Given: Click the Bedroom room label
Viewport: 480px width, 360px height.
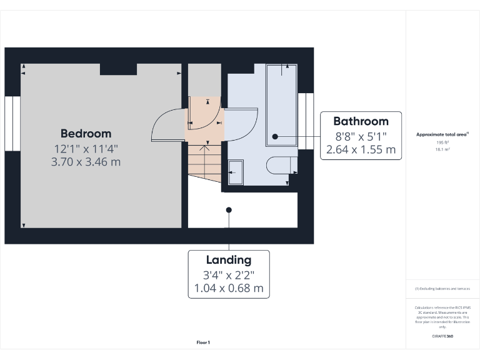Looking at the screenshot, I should (x=86, y=133).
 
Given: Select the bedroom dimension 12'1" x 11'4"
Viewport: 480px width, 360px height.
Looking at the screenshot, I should (x=86, y=149).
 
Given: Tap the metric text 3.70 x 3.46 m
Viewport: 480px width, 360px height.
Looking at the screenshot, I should (x=86, y=162).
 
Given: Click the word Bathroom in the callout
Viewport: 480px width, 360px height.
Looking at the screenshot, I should (x=361, y=121).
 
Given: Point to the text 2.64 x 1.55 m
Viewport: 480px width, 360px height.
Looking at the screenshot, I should (x=361, y=149).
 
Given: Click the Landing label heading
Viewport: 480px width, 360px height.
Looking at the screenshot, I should (x=229, y=260).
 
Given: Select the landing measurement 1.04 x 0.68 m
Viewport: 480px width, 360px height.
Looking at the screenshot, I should (x=229, y=288).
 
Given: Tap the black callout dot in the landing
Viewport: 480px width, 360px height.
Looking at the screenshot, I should (x=229, y=210).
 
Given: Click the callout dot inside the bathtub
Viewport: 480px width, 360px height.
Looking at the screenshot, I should (x=274, y=136).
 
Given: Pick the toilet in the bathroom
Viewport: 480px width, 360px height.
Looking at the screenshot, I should (x=279, y=166).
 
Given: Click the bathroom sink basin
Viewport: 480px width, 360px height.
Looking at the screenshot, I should (x=236, y=172).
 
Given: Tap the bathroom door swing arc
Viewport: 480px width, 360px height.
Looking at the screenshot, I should (x=244, y=125).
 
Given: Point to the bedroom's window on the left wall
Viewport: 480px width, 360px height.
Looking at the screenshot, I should (x=12, y=123).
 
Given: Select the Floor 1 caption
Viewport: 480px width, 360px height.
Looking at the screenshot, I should (x=203, y=342).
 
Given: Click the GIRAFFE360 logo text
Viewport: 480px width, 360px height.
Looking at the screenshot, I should (x=442, y=337).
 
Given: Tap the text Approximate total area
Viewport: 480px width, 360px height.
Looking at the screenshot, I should (x=441, y=134).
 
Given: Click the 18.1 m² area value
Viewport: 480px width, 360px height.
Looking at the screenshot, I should (x=442, y=149).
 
